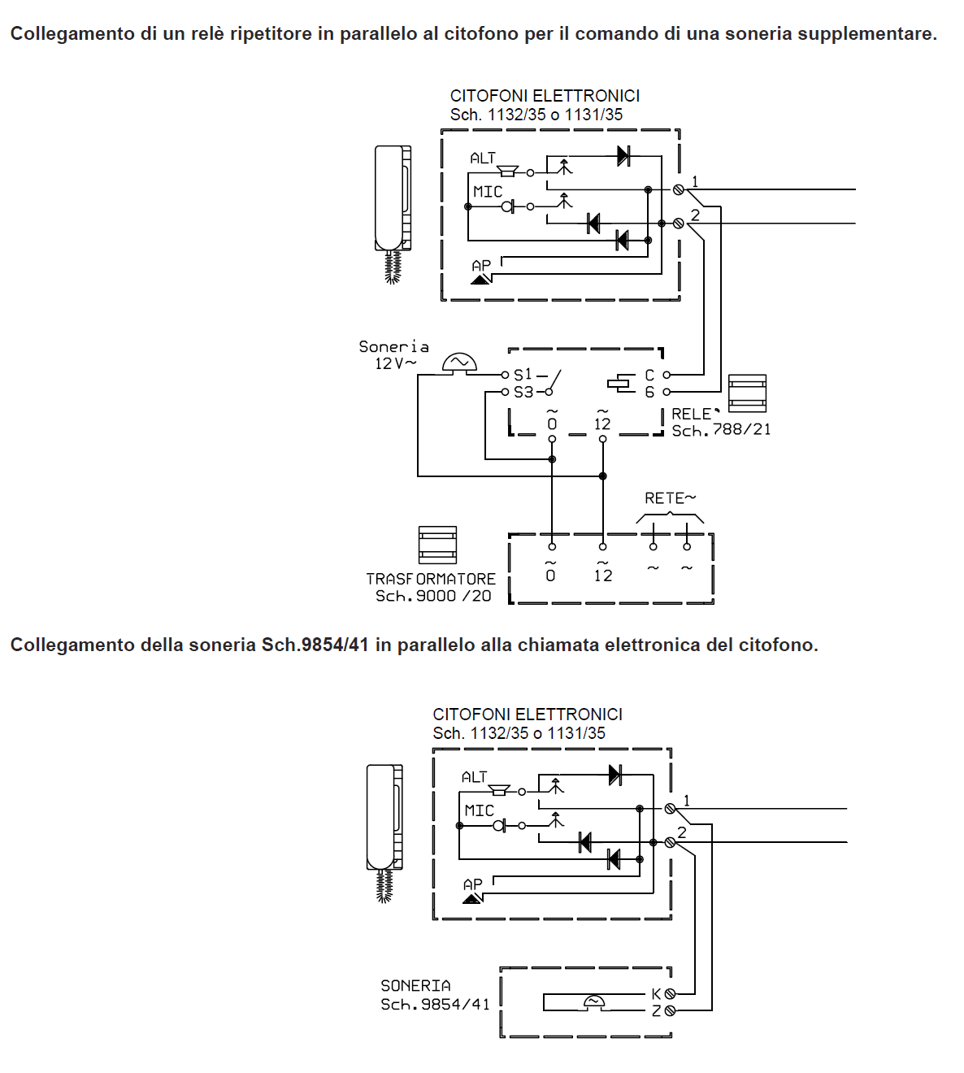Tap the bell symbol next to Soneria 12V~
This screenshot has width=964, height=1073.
point(459,363)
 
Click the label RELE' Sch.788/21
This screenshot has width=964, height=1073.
point(720,422)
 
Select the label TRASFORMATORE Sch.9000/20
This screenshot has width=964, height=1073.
point(431,587)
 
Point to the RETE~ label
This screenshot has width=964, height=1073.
point(670,498)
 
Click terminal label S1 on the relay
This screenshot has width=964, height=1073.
point(523,375)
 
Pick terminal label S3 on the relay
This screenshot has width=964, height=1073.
point(523,392)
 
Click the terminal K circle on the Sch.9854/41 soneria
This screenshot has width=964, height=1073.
point(670,993)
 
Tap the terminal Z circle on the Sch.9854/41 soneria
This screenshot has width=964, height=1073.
point(670,1010)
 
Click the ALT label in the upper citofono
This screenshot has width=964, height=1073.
point(483,159)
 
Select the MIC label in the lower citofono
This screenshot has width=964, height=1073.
point(479,810)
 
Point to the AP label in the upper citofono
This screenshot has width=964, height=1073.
point(481,266)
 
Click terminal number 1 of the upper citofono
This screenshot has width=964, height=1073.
point(695,182)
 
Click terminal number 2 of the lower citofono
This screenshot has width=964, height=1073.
point(682,832)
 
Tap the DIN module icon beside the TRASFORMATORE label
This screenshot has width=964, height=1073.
point(437,545)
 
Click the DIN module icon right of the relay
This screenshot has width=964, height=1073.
point(747,393)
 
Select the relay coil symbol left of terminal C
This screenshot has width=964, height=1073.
point(621,383)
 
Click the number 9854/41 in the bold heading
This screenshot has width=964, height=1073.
point(335,645)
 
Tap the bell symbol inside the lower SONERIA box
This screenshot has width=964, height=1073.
point(594,1001)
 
